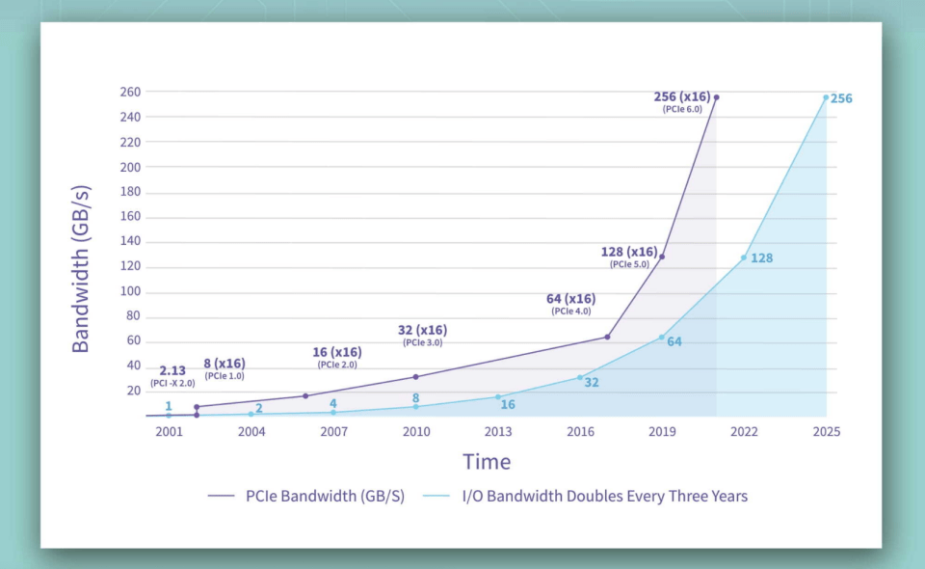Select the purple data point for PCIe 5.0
click(662, 257)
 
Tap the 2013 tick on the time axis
click(498, 431)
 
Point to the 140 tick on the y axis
click(129, 243)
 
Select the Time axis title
click(487, 462)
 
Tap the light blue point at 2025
click(826, 97)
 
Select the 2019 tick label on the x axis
click(661, 431)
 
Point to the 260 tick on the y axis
click(129, 93)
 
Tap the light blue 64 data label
click(674, 341)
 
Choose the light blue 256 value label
click(841, 98)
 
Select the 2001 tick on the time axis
click(169, 431)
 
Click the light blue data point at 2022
click(743, 257)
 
